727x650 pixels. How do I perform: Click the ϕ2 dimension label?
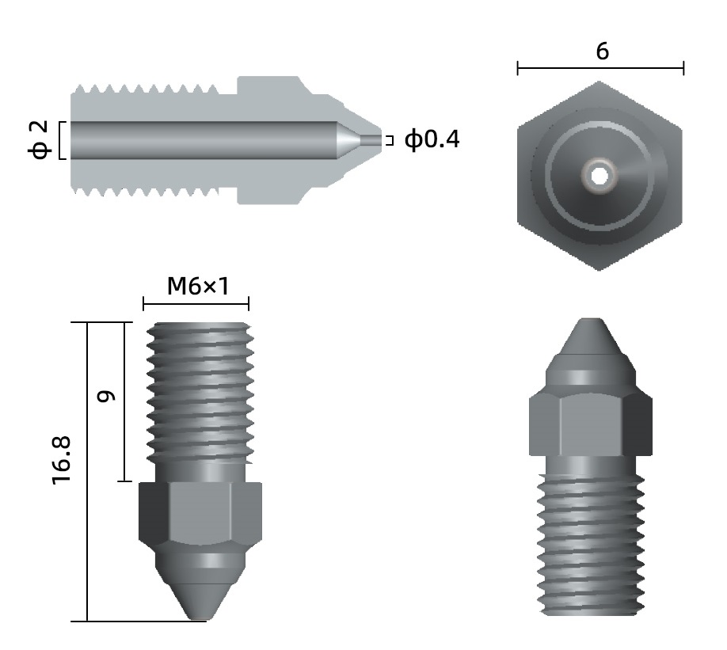click(x=40, y=139)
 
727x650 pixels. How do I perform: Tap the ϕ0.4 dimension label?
click(x=432, y=139)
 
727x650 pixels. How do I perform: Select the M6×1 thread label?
click(x=198, y=286)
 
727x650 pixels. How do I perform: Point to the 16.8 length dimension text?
click(x=62, y=460)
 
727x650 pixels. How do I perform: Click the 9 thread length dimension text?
click(x=105, y=396)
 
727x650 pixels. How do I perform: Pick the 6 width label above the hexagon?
click(x=603, y=51)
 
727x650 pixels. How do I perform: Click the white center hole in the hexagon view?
click(x=599, y=176)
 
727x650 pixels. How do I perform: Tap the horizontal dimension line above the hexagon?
click(x=600, y=68)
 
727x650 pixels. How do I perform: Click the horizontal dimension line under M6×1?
click(x=196, y=304)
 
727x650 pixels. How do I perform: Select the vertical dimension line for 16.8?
click(x=87, y=472)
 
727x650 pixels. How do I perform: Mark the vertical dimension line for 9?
click(x=124, y=401)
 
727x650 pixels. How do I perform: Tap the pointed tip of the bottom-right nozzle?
click(x=591, y=319)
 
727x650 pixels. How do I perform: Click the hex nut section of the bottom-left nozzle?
click(x=200, y=512)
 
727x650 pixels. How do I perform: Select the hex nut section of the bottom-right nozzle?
click(x=591, y=424)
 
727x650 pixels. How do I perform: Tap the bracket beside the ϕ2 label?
click(x=62, y=140)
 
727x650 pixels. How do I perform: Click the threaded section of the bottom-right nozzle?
click(x=591, y=544)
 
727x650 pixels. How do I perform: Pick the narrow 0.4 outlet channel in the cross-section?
click(x=371, y=139)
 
